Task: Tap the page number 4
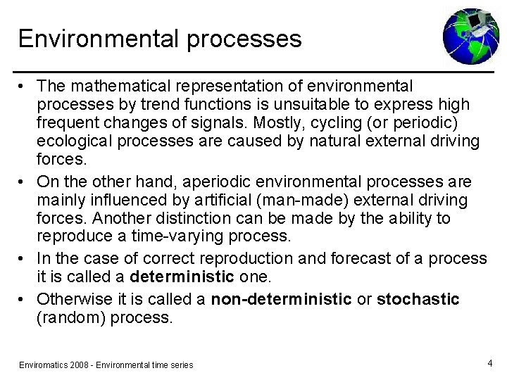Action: tap(489, 363)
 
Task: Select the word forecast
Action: tap(339, 258)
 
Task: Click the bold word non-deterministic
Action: tap(281, 299)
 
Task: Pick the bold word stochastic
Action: tap(418, 299)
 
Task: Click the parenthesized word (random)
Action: tap(67, 318)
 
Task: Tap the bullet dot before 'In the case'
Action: tap(23, 258)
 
